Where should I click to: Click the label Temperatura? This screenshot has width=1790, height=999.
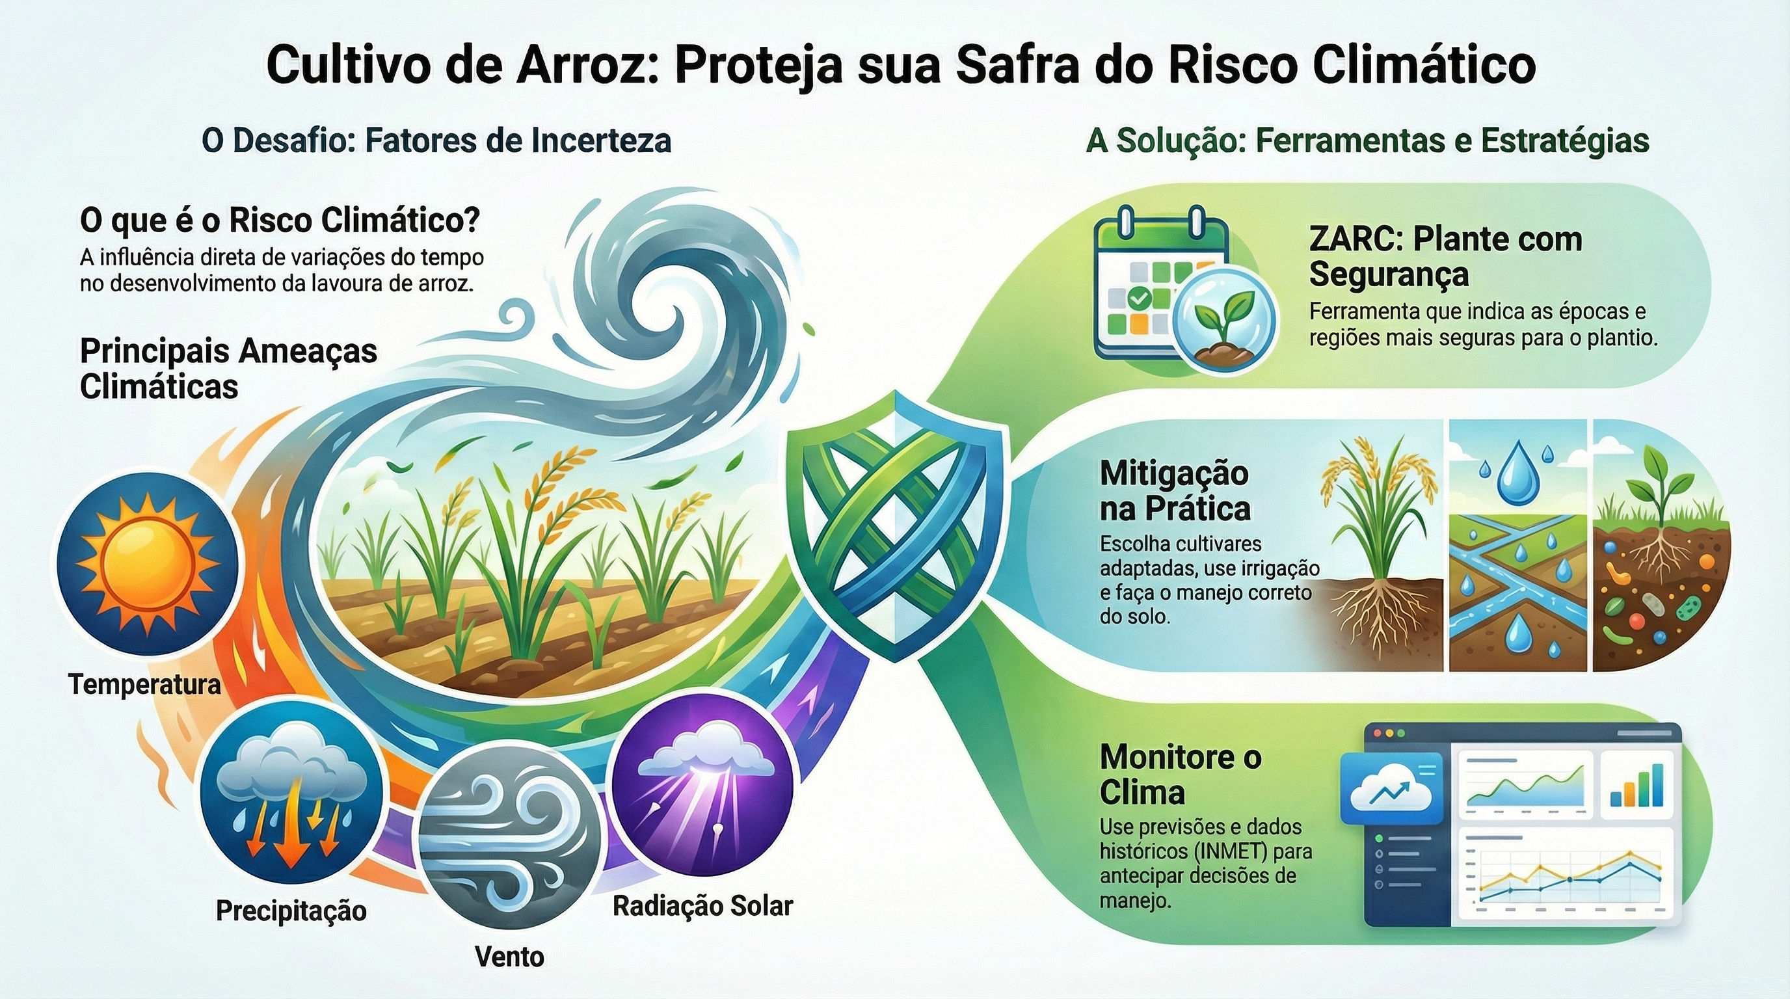[x=144, y=685]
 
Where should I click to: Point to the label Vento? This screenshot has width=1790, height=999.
[x=509, y=957]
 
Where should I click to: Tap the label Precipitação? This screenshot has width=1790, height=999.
[x=291, y=911]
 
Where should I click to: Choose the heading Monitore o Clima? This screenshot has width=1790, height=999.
[x=1181, y=775]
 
